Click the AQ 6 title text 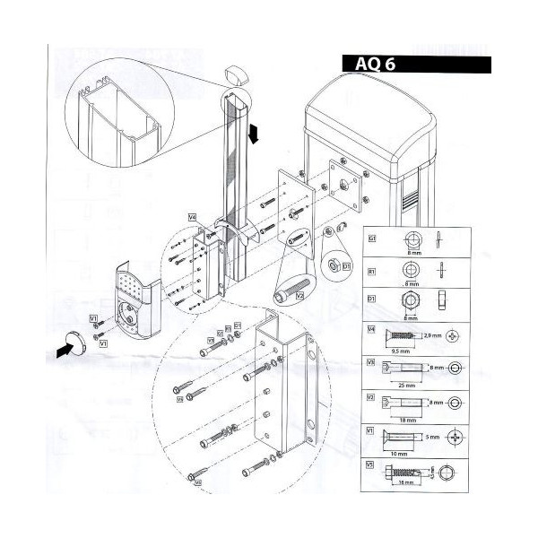click(369, 63)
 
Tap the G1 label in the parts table click(371, 238)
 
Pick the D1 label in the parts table click(371, 299)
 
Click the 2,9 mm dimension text click(434, 334)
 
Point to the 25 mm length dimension click(395, 382)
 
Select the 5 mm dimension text click(432, 437)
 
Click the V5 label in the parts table click(370, 464)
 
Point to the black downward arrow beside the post click(255, 134)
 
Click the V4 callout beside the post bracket click(192, 216)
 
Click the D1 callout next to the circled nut click(347, 265)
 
